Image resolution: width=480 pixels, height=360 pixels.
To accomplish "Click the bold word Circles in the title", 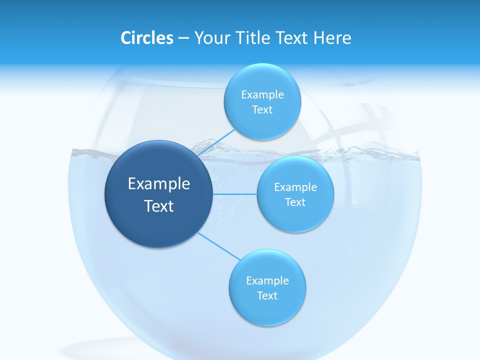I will pyautogui.click(x=147, y=38).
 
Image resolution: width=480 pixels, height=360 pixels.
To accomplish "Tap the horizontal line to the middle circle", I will pyautogui.click(x=235, y=194).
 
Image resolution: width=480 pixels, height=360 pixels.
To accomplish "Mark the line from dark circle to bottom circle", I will pyautogui.click(x=218, y=245).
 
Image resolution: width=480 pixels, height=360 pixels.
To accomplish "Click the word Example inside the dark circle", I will pyautogui.click(x=158, y=184).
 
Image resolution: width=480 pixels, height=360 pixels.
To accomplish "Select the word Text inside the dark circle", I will pyautogui.click(x=158, y=206).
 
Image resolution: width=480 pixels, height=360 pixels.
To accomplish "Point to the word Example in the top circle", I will pyautogui.click(x=262, y=95).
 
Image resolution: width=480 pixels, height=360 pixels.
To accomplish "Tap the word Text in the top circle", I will pyautogui.click(x=262, y=110).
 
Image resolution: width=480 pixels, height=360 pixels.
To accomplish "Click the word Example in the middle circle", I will pyautogui.click(x=295, y=187).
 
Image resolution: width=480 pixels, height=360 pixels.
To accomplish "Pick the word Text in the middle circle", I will pyautogui.click(x=295, y=202).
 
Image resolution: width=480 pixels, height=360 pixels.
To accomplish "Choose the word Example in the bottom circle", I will pyautogui.click(x=267, y=281).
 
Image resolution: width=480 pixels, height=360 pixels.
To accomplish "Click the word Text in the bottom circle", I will pyautogui.click(x=267, y=296).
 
